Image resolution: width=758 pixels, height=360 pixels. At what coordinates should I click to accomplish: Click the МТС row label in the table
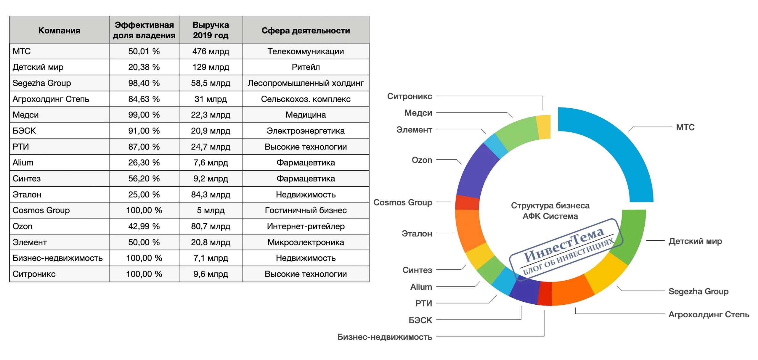[x=22, y=51]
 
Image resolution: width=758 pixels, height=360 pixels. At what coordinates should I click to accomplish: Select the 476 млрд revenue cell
[x=211, y=51]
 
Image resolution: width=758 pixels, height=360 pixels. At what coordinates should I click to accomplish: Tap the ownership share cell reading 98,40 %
[x=144, y=83]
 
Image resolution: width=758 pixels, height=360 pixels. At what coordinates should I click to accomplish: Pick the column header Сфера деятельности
[x=306, y=30]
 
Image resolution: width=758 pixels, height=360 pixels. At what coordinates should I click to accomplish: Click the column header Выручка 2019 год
[x=211, y=30]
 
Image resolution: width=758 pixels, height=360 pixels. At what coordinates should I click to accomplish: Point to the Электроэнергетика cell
[x=306, y=131]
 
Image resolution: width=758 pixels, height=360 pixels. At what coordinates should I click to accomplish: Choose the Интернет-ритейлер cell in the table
[x=306, y=226]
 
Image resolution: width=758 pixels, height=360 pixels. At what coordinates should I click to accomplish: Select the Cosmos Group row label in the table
[x=41, y=210]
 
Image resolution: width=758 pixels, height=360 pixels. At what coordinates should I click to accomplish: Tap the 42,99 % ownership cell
[x=144, y=226]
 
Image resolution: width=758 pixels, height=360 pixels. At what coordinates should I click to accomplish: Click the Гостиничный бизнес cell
[x=306, y=210]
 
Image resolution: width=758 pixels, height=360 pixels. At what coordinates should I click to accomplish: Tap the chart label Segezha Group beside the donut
[x=698, y=291]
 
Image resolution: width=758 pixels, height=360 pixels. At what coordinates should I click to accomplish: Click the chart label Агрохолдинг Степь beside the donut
[x=709, y=314]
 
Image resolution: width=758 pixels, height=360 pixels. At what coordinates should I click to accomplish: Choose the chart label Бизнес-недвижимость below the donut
[x=385, y=337]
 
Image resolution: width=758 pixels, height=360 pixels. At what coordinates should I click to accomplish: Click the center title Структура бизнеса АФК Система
[x=550, y=210]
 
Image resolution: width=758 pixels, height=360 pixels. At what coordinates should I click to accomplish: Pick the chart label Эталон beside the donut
[x=417, y=234]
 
